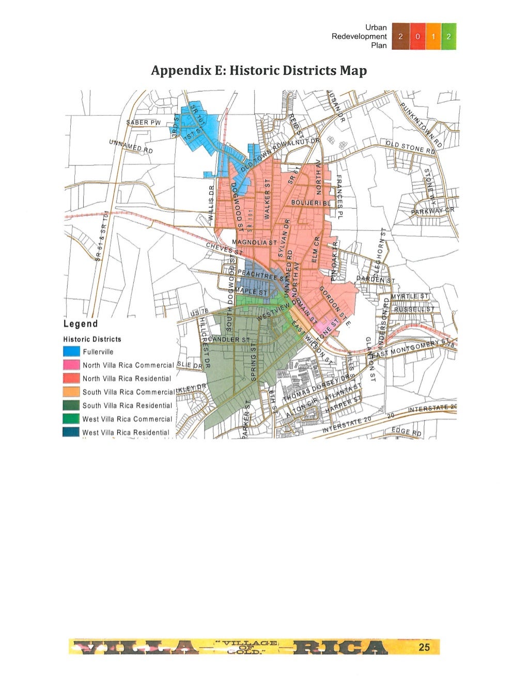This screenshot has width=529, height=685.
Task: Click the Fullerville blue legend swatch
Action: (71, 352)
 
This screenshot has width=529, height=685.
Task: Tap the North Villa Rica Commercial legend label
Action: (128, 365)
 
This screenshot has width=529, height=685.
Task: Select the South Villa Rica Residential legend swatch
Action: (71, 406)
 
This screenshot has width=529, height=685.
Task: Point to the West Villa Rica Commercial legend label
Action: (127, 419)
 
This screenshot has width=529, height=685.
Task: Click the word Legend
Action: (80, 324)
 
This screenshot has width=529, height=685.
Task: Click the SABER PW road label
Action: (144, 122)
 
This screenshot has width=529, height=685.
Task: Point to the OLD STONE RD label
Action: (412, 147)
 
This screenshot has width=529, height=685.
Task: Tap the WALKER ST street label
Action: (268, 199)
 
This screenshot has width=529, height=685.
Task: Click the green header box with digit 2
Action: (448, 37)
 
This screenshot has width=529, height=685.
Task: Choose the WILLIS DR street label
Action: (211, 204)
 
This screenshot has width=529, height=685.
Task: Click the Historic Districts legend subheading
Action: (92, 339)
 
